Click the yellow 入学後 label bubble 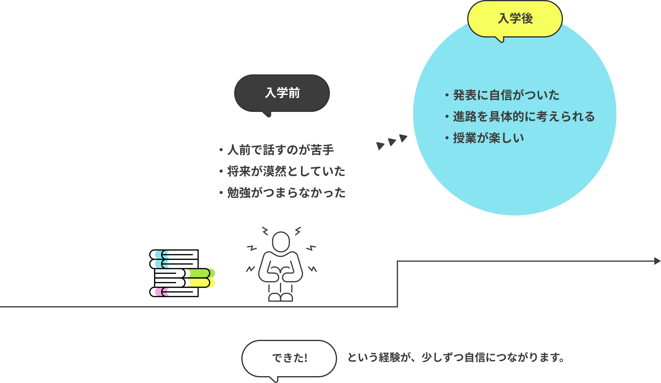pos(515,19)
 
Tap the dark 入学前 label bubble pos(282,93)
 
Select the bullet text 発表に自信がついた pos(506,95)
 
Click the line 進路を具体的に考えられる pos(524,117)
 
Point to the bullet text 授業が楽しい pos(488,138)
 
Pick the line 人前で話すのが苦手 pos(280,150)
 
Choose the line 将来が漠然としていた pos(286,171)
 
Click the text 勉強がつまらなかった pos(286,193)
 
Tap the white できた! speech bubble pos(289,358)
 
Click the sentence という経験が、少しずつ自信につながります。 pos(456,357)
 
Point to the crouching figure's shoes pos(281,297)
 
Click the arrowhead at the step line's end pos(657,261)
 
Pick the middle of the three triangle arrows pos(392,142)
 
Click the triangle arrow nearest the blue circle pos(403,138)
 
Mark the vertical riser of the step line pos(397,284)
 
